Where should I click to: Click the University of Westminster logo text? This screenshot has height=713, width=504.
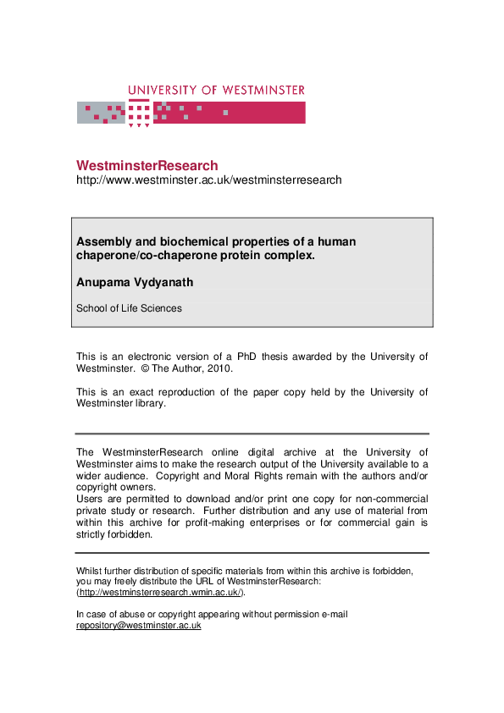216,90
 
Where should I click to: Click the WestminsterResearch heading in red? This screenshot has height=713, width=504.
147,166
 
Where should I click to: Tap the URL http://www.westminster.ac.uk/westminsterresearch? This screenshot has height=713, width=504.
209,180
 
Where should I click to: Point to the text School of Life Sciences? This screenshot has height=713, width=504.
129,308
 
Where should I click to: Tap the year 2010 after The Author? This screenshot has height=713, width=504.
219,368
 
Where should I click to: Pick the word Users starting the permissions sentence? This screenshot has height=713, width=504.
91,500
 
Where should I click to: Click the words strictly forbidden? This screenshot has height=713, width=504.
114,535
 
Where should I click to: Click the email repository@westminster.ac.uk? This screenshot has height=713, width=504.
138,626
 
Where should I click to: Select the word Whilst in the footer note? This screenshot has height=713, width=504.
90,571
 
